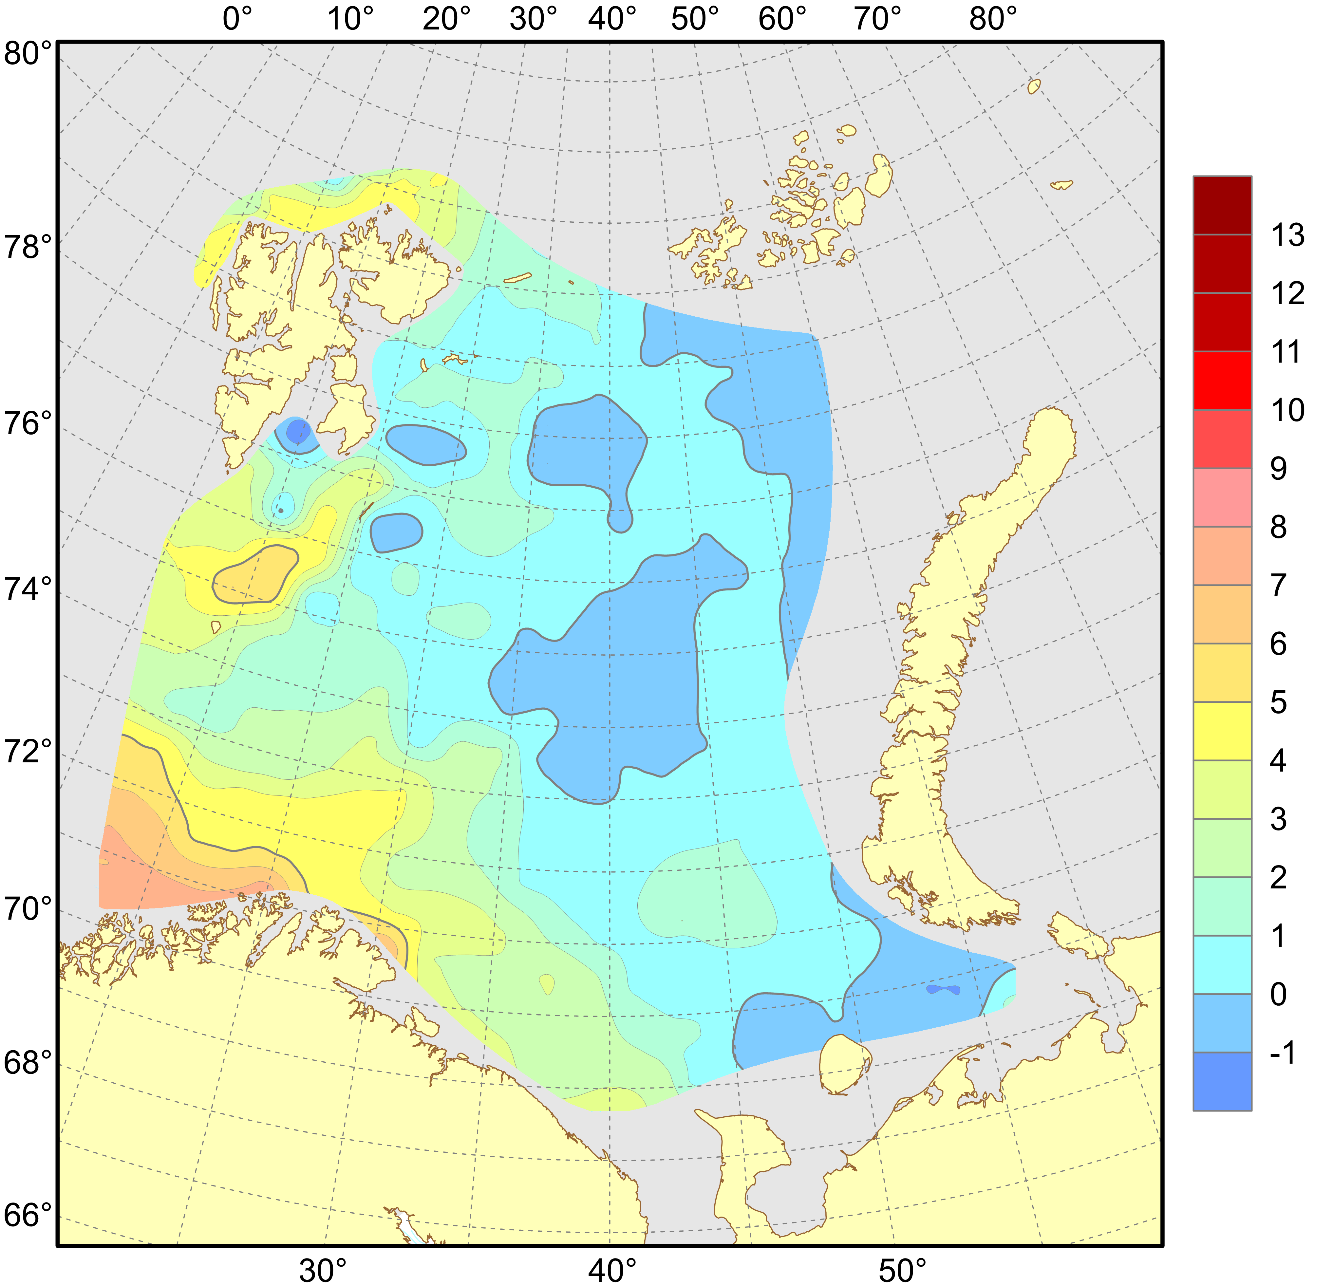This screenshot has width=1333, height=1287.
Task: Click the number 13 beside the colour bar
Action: pyautogui.click(x=1287, y=235)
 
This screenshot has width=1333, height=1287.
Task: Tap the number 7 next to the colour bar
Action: pyautogui.click(x=1279, y=585)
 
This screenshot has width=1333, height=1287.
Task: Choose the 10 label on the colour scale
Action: pyautogui.click(x=1287, y=410)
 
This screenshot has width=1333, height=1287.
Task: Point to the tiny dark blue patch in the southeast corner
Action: pyautogui.click(x=943, y=989)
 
